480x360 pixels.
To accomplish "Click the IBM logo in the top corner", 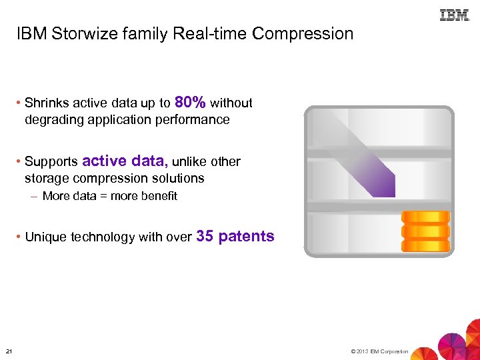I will coord(454,15).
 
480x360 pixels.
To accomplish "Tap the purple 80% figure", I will coord(190,102).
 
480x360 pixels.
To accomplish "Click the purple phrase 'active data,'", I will coord(125,161).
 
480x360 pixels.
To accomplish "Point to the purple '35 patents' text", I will coord(236,236).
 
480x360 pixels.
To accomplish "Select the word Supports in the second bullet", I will coord(51,162).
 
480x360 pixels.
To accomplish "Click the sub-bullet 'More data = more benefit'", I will coord(109,196).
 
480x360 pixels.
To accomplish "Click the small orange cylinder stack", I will coord(425,231).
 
